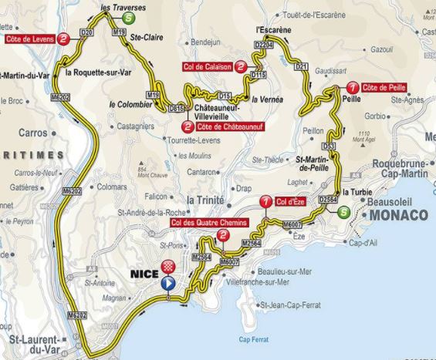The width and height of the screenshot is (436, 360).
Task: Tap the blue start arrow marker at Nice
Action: coord(167,283)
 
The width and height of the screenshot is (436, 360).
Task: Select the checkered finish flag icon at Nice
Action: coord(167,267)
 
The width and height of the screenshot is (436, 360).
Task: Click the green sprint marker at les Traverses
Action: coord(134,11)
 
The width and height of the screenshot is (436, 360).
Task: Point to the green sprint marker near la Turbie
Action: coord(343,212)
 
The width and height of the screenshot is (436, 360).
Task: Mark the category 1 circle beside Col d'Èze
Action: coord(266,202)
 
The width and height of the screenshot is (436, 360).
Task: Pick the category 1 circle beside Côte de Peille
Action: coord(352,88)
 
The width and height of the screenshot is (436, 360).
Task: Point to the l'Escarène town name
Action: coord(273,31)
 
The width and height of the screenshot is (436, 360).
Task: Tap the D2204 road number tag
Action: coord(264,46)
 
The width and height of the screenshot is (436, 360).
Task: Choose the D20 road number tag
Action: coord(86,32)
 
